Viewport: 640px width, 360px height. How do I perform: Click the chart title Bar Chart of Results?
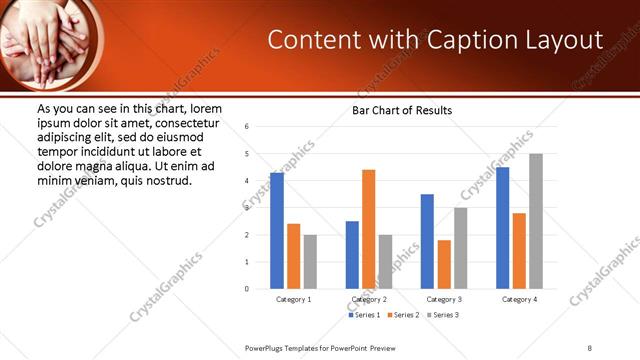(x=401, y=110)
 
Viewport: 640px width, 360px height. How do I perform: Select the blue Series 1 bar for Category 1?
(x=277, y=230)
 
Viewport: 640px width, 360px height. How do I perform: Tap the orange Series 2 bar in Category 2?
(x=368, y=229)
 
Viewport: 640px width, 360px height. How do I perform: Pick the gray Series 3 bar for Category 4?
(x=536, y=221)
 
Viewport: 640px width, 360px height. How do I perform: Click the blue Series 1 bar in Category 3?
(x=427, y=241)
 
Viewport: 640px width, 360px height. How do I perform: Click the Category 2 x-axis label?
(x=369, y=299)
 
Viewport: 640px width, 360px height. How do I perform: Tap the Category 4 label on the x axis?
(x=519, y=299)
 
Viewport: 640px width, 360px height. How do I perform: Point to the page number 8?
(x=590, y=347)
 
